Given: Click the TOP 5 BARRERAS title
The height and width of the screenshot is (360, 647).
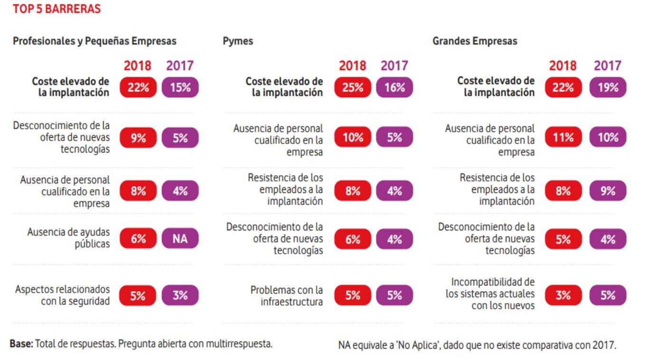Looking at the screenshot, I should click(x=57, y=9).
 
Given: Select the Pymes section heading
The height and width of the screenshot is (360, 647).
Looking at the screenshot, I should click(x=238, y=41).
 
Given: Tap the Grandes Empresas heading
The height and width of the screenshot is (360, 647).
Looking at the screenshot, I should click(x=475, y=41).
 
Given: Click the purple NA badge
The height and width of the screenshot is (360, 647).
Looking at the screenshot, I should click(x=180, y=239).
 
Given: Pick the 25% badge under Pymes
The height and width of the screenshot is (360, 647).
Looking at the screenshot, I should click(x=352, y=87).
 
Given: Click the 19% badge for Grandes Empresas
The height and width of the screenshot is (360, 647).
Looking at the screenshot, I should click(x=608, y=87).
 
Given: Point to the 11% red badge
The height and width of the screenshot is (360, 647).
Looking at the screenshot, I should click(x=563, y=138).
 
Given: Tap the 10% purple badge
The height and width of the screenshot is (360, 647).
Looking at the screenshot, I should click(x=608, y=138).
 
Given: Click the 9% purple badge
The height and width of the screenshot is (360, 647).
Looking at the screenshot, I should click(x=608, y=191).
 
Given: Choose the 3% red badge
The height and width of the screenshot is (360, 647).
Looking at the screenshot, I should click(x=563, y=295).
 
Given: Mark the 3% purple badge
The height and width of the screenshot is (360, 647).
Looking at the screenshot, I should click(x=180, y=295).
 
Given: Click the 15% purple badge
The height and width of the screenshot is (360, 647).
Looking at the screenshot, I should click(x=180, y=87).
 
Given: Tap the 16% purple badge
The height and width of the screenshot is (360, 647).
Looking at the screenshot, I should click(x=394, y=87).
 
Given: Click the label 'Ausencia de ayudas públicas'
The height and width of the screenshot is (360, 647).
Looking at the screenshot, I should click(x=68, y=238).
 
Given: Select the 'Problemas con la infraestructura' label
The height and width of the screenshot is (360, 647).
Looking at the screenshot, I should click(x=286, y=295).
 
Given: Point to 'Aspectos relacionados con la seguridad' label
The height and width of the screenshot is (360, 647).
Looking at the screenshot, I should click(x=62, y=295).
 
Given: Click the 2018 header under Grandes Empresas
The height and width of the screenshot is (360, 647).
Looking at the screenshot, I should click(x=563, y=66).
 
